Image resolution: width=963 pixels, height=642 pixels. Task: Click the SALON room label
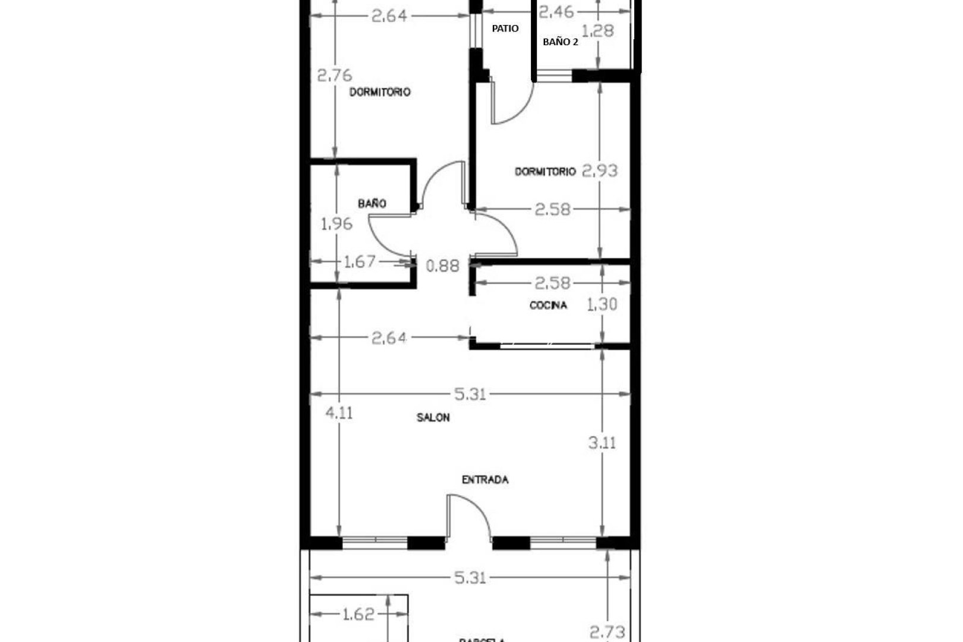click(x=433, y=418)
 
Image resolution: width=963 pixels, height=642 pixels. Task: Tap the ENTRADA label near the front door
click(x=485, y=480)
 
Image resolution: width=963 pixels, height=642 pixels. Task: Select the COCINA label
click(x=548, y=306)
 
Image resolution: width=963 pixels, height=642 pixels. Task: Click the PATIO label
click(x=505, y=29)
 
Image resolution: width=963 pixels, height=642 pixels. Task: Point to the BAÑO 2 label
click(x=560, y=42)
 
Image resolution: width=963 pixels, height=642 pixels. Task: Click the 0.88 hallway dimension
click(x=443, y=266)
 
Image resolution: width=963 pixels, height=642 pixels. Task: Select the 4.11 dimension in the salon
click(x=339, y=413)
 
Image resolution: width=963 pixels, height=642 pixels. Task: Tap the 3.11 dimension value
click(x=602, y=443)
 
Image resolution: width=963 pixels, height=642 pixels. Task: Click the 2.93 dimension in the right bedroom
click(x=599, y=171)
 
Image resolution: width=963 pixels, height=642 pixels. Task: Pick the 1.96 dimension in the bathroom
click(x=336, y=224)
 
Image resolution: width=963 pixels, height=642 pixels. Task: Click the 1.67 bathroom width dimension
click(x=360, y=262)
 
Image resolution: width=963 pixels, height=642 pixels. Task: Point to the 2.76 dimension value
click(x=334, y=75)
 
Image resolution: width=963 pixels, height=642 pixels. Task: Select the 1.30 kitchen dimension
click(x=602, y=305)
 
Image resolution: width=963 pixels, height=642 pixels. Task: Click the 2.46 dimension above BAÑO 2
click(x=556, y=12)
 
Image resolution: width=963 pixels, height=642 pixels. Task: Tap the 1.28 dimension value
click(x=597, y=31)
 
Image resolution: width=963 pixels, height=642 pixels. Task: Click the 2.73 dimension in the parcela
click(x=606, y=631)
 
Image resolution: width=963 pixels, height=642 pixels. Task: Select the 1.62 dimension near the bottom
click(x=358, y=614)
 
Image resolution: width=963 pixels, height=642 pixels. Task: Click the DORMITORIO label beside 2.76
click(x=380, y=92)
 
